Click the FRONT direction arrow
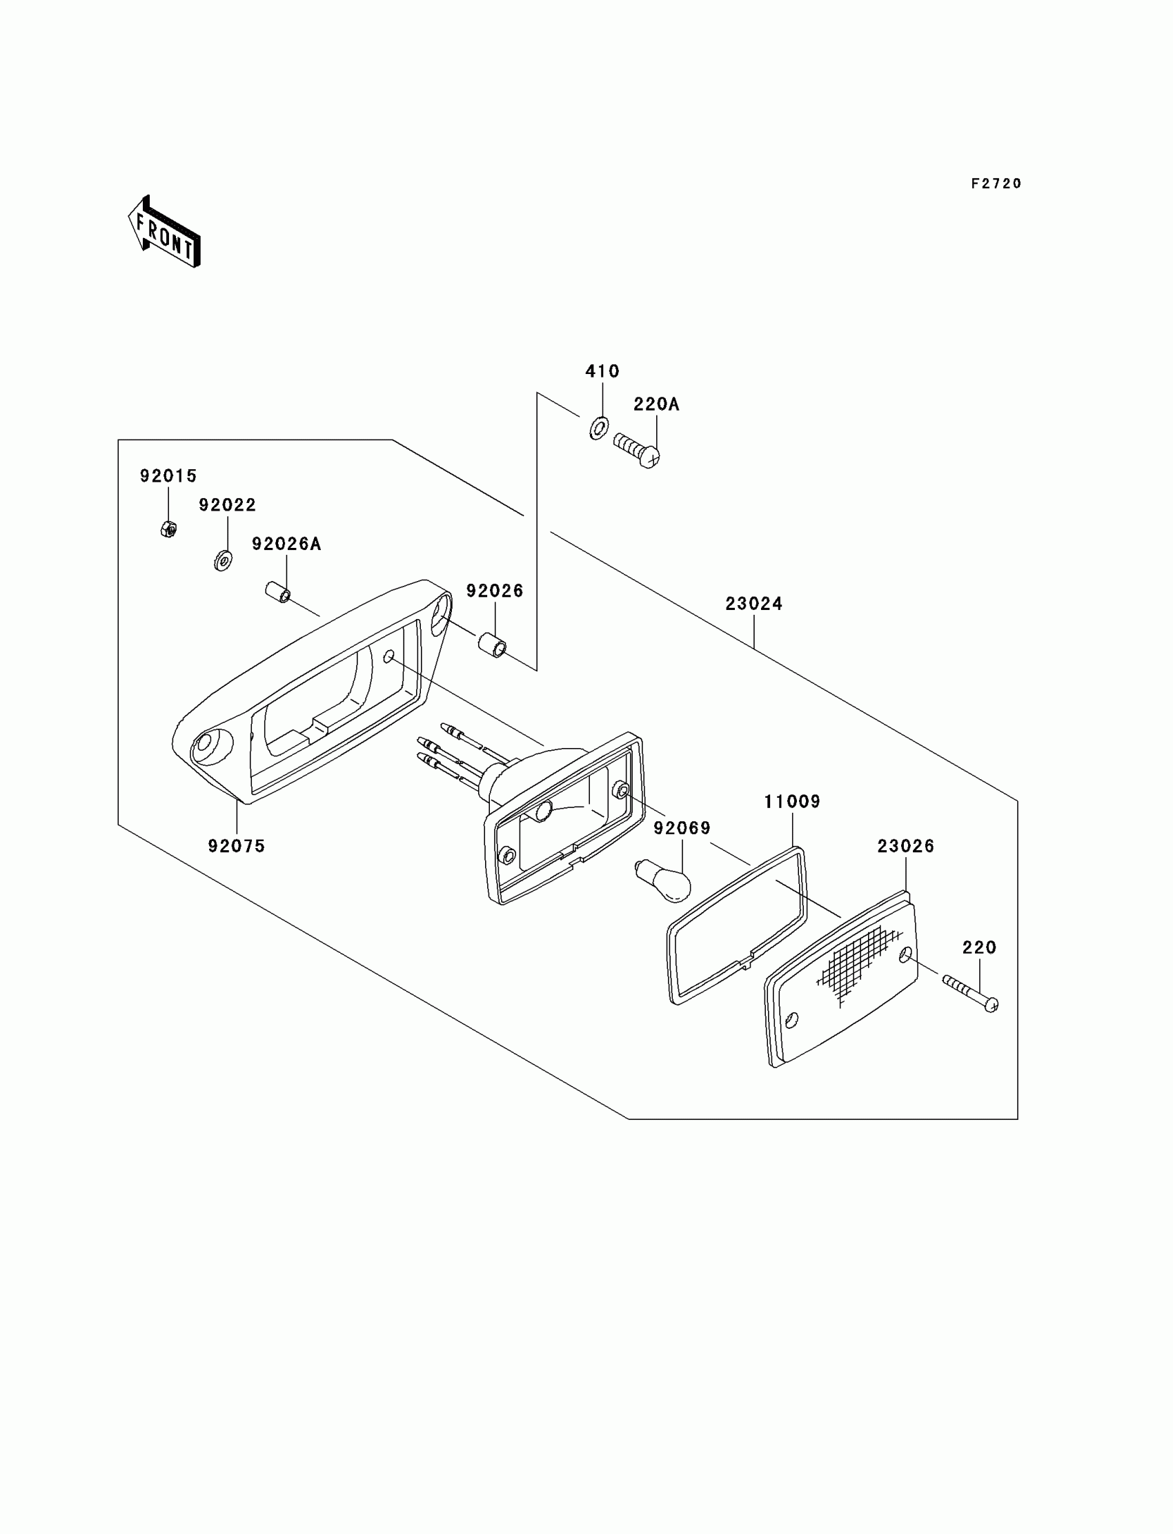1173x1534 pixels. (164, 233)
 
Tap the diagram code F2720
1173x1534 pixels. (996, 184)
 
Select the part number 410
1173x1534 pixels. (602, 371)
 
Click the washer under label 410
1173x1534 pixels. (599, 426)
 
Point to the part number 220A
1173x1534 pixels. (656, 404)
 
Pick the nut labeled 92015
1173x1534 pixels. (168, 529)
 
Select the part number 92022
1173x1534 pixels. (228, 505)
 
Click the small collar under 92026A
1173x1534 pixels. (278, 593)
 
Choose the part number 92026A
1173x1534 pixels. (286, 544)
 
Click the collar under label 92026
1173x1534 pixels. (492, 645)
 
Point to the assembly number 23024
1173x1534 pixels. (753, 603)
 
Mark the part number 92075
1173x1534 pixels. (237, 846)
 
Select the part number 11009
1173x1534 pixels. (792, 802)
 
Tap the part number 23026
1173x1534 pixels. (905, 846)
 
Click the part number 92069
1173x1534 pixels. (682, 828)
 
